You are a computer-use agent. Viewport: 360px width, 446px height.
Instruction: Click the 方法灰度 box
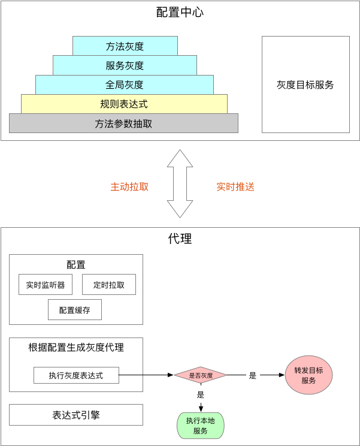click(x=125, y=46)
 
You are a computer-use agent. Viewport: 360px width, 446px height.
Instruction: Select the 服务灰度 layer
click(x=125, y=65)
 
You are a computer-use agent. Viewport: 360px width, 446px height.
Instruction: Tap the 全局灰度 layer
click(x=125, y=85)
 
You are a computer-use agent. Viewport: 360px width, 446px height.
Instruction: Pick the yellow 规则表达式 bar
click(x=124, y=104)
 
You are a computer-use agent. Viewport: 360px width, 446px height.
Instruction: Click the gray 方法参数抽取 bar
click(x=123, y=123)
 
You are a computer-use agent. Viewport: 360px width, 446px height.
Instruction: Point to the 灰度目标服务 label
click(x=305, y=85)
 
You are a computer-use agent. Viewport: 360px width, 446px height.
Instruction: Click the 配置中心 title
click(x=180, y=11)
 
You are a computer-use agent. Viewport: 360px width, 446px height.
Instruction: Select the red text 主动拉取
click(x=129, y=186)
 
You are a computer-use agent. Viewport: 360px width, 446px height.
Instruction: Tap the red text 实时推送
click(x=235, y=186)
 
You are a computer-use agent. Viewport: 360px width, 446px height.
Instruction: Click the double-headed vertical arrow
click(x=180, y=183)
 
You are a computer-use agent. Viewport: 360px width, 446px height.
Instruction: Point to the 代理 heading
click(x=180, y=239)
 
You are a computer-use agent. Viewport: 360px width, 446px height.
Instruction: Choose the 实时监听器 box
click(x=46, y=285)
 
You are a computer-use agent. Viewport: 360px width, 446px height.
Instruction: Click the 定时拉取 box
click(x=109, y=285)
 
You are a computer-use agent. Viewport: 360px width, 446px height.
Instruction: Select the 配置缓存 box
click(x=75, y=310)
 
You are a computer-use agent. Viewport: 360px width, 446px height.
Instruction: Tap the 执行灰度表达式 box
click(x=76, y=375)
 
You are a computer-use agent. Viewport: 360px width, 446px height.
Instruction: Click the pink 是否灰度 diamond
click(x=201, y=375)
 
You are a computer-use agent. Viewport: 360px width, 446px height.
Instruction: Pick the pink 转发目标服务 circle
click(x=308, y=375)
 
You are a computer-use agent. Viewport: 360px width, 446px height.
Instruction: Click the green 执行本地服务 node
click(x=200, y=426)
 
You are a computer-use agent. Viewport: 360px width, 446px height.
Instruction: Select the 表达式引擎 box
click(x=76, y=415)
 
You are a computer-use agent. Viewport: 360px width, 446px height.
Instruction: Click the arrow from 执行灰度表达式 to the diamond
click(x=146, y=375)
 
